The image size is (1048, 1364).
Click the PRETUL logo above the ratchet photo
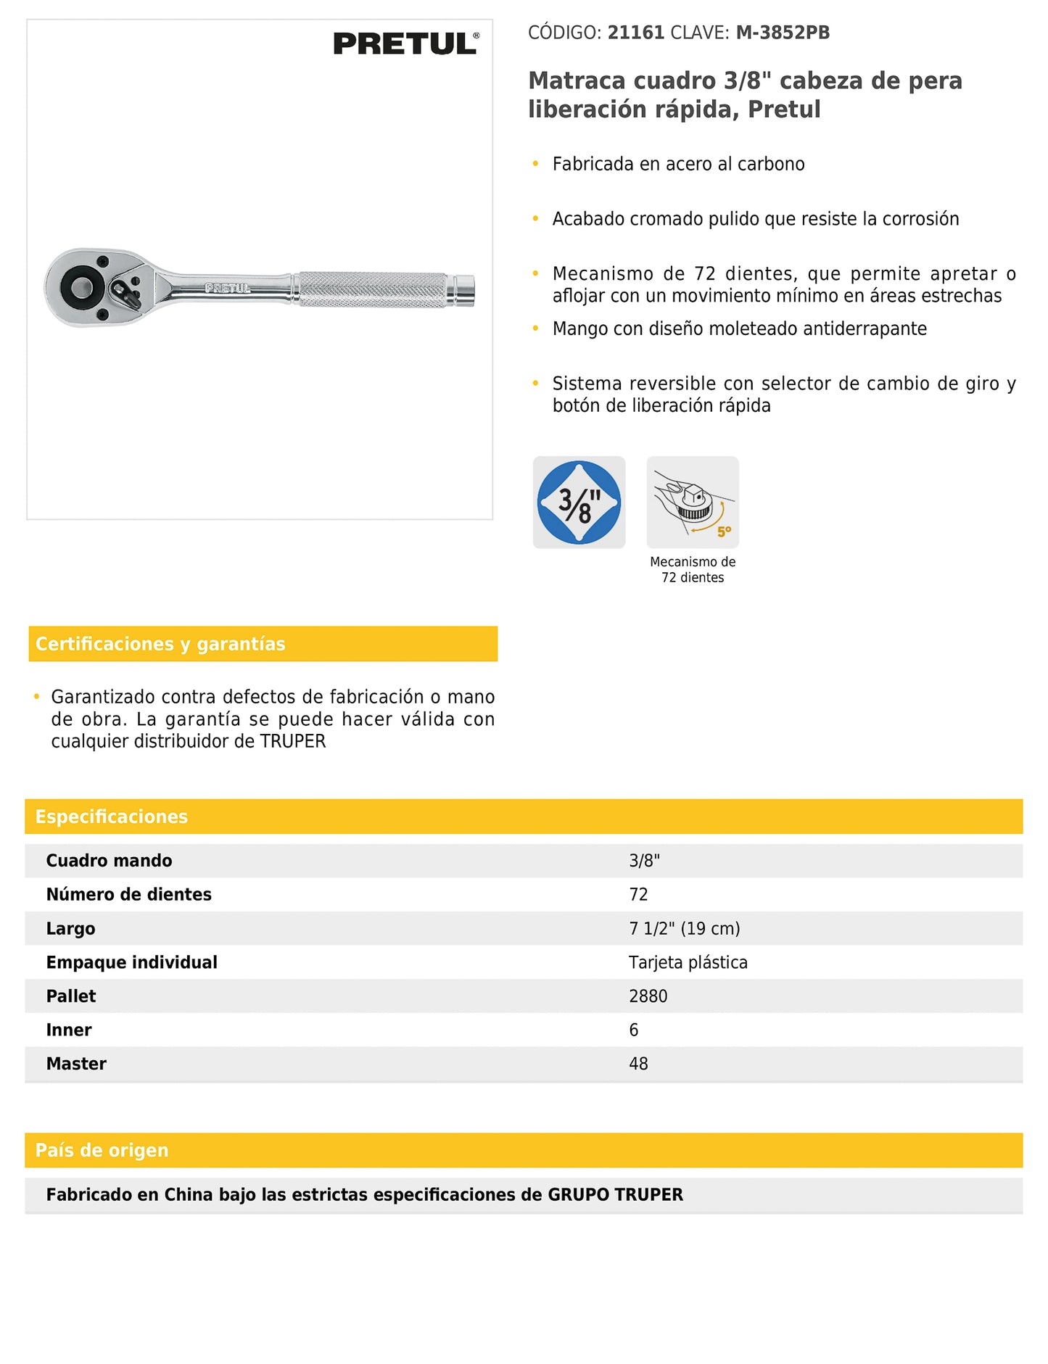coord(405,44)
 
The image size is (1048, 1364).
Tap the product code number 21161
coord(635,33)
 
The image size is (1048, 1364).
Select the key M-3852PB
coord(783,33)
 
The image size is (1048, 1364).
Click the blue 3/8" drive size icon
coord(579,502)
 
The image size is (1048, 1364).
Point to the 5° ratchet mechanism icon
coord(693,502)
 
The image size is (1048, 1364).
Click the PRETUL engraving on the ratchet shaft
coord(228,288)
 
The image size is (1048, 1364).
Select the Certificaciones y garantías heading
coord(160,644)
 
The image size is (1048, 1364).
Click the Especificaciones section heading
coord(112,817)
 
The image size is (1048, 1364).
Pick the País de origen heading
coord(102,1150)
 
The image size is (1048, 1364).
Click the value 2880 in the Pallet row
coord(648,996)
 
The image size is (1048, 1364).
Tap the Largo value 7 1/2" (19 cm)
coord(684,929)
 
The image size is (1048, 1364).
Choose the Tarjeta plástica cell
coord(688,962)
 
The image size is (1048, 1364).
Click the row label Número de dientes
coord(129,895)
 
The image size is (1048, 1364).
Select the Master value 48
coord(638,1064)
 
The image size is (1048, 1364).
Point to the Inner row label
coord(69,1030)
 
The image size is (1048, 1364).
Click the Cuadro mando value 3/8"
coord(644,861)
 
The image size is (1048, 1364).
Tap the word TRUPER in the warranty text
coord(293,741)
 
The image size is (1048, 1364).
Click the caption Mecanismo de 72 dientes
coord(693,569)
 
